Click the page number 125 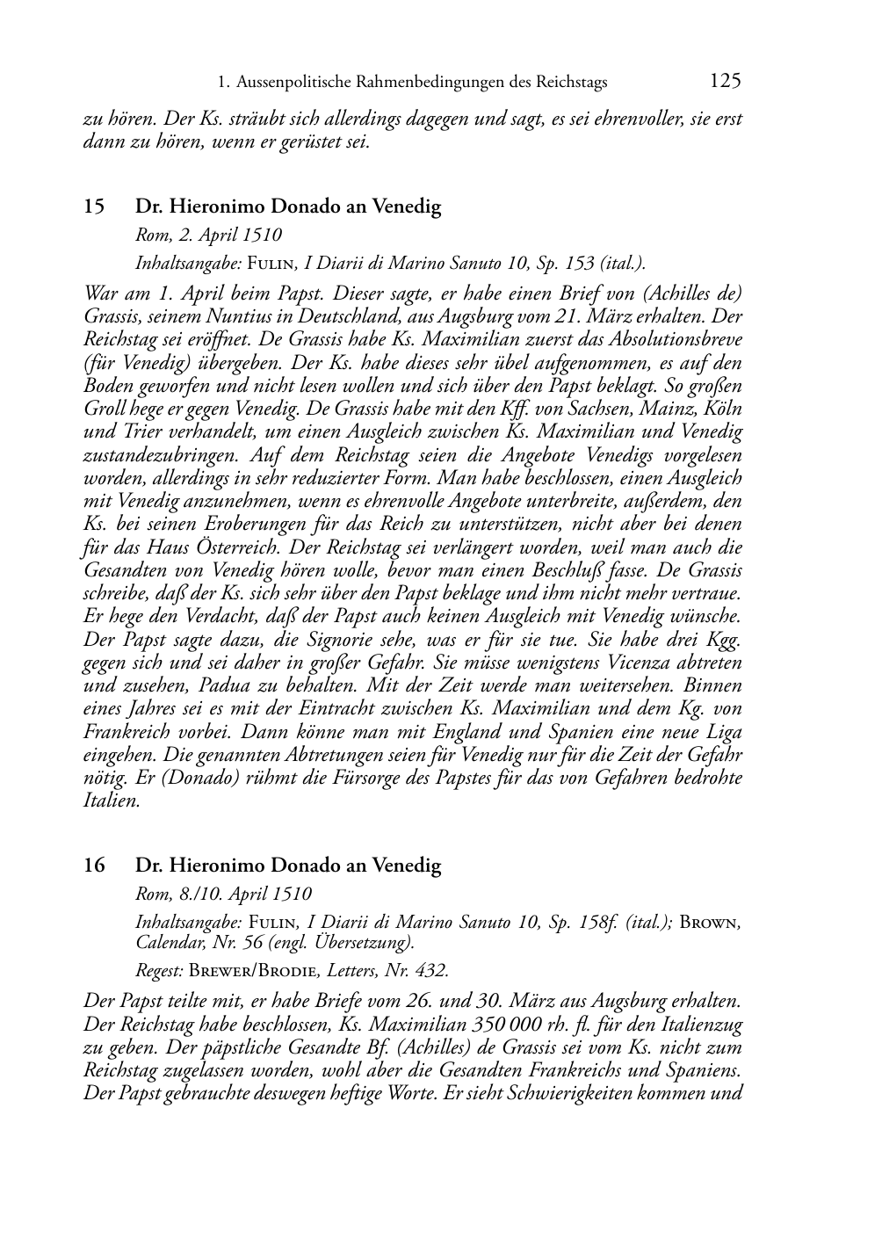[x=725, y=82]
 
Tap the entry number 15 [x=94, y=207]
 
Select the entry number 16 [x=94, y=866]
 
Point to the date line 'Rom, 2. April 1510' [x=208, y=235]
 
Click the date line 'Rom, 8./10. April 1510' [x=223, y=894]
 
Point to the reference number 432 [x=430, y=971]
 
